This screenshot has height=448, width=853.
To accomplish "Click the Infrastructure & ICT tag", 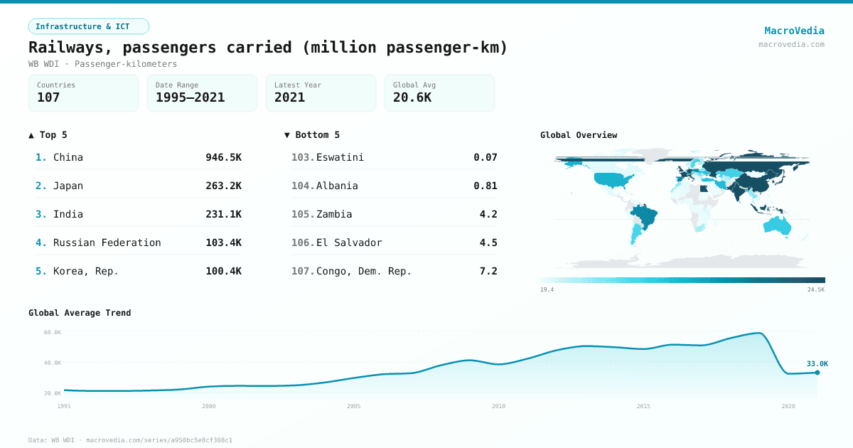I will coord(88,26).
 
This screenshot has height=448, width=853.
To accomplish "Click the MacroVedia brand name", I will coord(794,31).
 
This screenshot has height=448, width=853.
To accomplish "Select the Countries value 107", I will coord(48,97).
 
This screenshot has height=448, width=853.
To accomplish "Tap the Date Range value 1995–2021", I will coord(190,97).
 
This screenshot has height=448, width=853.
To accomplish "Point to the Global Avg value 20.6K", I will coord(412,97).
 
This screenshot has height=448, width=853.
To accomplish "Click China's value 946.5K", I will coord(223,157).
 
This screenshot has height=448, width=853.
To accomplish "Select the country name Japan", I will coord(68,186).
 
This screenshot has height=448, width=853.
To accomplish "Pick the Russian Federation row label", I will coord(107,242).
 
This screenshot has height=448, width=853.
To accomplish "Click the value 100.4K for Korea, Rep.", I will coord(223,271).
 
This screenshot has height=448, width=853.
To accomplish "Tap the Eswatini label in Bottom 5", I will coord(340,157).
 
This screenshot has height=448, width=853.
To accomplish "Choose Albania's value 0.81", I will coord(485,186).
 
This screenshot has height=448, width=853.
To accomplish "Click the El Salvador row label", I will coord(349,242).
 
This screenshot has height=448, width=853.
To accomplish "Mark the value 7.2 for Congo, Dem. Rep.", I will coord(488,271).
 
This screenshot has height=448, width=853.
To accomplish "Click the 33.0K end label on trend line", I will coord(817,364).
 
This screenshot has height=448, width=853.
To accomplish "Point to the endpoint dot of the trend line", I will coord(817,373).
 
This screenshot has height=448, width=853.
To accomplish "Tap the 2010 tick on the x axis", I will coord(498,406).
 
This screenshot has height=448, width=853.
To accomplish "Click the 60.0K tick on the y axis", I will coord(53,332).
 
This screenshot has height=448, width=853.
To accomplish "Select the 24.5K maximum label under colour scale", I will coord(816,289).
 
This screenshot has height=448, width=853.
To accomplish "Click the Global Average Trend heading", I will coord(80,313).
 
